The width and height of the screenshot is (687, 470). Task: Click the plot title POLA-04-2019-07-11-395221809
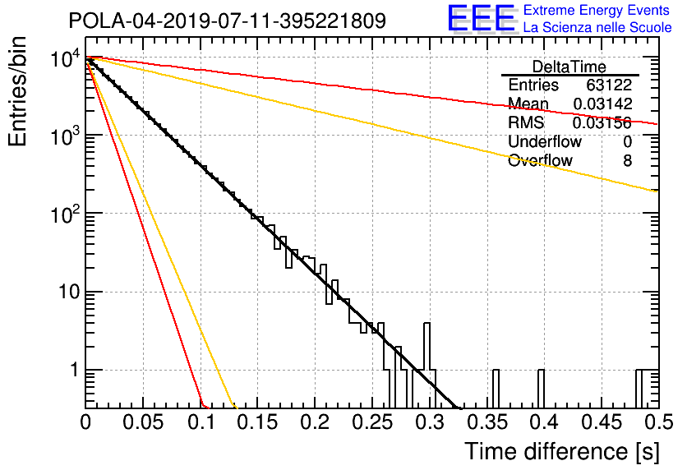227,21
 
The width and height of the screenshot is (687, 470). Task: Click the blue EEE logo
481,19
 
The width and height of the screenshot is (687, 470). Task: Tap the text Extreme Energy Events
597,10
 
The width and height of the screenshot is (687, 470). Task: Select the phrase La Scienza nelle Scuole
597,28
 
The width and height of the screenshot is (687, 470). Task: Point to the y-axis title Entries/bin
17,91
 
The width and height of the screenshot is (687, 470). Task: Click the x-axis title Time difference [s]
562,451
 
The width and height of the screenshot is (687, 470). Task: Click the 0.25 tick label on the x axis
371,422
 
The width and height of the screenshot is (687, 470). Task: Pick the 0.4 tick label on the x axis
544,422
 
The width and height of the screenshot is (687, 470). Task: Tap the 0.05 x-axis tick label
143,422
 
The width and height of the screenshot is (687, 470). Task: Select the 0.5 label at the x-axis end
658,422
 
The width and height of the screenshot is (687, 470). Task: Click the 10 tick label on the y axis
70,292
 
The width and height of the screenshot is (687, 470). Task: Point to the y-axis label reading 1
74,370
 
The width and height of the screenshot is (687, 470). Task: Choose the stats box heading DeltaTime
569,67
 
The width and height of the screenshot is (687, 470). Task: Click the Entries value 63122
609,85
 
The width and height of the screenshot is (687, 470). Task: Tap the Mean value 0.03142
603,104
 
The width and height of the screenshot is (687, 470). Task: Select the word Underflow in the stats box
545,142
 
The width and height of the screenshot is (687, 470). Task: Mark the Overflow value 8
627,161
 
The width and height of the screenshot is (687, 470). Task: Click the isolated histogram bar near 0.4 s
541,389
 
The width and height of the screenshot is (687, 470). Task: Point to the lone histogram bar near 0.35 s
496,389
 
